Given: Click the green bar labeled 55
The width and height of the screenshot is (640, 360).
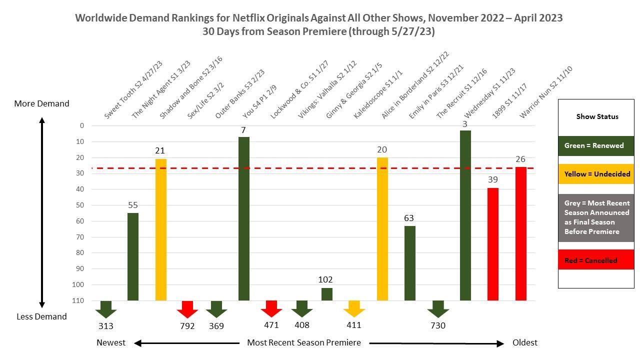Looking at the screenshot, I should [133, 256].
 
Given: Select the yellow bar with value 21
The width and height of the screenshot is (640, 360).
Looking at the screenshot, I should [160, 229].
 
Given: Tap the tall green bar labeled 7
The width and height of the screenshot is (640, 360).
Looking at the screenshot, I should [243, 218].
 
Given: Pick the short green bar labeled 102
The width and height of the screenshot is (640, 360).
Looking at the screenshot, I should [326, 294].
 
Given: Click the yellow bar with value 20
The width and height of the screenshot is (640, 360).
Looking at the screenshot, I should [382, 228].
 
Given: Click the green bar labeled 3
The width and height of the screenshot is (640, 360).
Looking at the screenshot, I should [465, 215].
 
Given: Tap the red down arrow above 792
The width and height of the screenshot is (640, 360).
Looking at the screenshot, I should [188, 309].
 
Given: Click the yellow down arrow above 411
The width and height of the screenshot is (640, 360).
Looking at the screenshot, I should [354, 308].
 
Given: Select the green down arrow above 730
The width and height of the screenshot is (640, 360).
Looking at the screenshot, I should [438, 309].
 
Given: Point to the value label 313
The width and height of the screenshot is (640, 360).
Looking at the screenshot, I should [106, 326].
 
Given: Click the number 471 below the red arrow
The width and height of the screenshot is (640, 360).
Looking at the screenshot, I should [271, 325].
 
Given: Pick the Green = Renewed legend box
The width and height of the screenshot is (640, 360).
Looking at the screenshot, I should [595, 146].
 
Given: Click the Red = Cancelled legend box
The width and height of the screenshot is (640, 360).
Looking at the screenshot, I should [595, 260].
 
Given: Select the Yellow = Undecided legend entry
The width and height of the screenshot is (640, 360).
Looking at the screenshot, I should [595, 174].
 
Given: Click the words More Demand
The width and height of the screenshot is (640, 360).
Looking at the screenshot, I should [41, 103].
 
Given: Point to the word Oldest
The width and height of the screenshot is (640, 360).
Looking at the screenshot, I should [525, 342].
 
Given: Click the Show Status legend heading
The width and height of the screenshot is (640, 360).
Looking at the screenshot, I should [597, 116].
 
